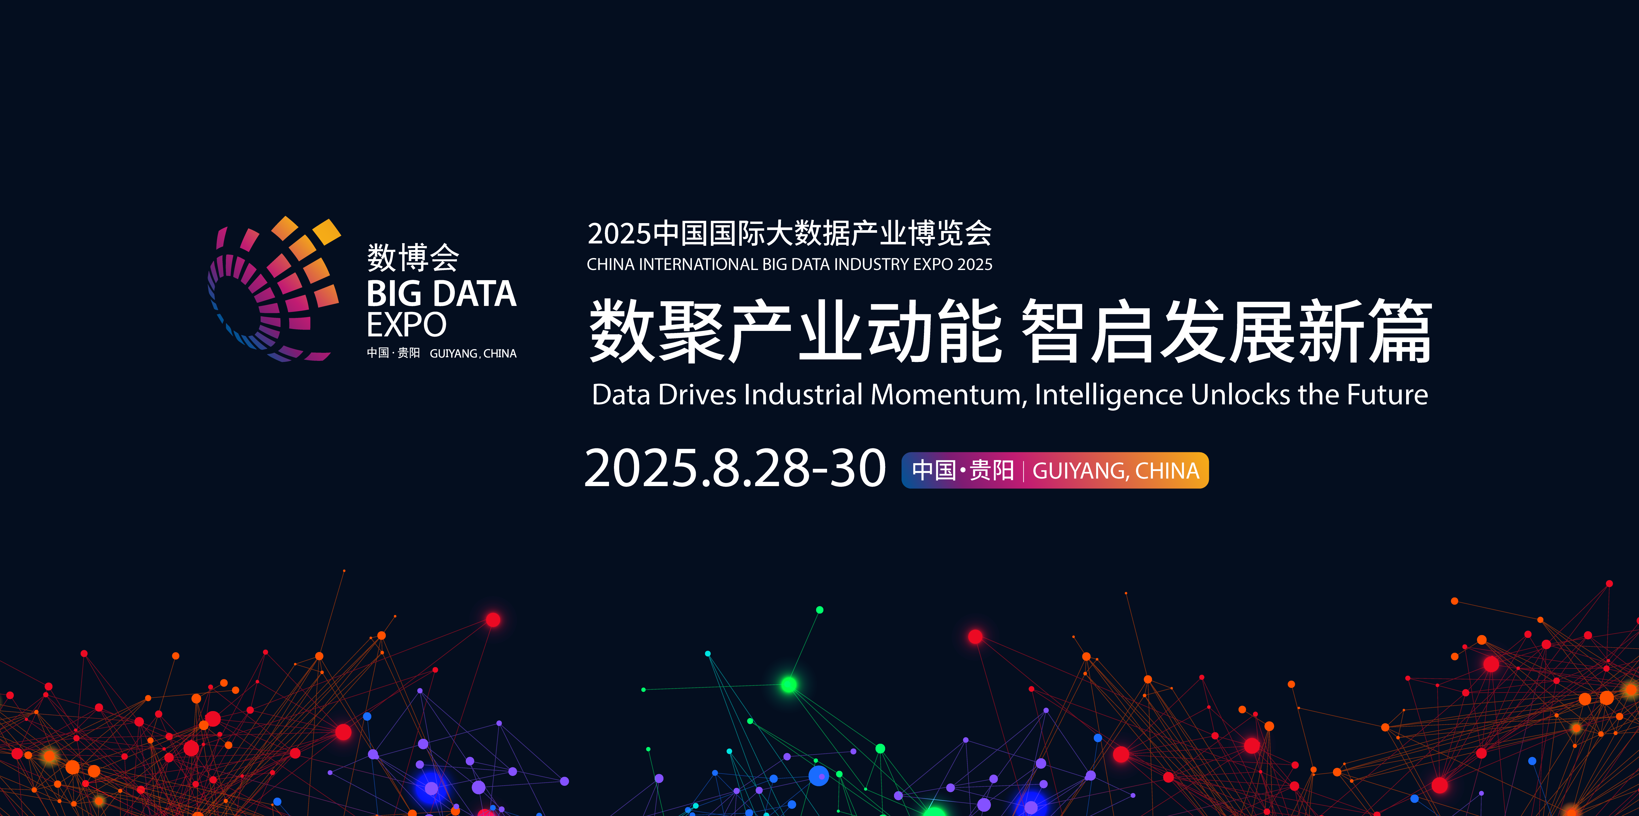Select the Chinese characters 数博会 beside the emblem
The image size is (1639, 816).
tap(413, 258)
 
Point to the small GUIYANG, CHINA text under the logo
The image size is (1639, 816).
tap(473, 354)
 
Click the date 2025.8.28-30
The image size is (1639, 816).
tap(735, 469)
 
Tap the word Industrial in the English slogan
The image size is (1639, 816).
tap(803, 395)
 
